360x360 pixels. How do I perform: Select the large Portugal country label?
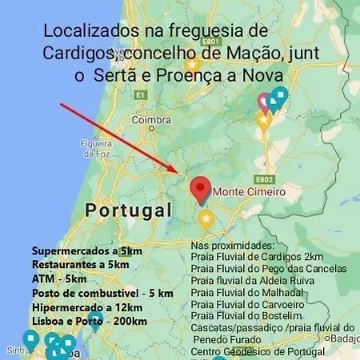pos(128,211)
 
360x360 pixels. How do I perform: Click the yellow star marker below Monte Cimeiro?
pos(206,219)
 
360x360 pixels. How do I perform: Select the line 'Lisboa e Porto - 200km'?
pos(90,322)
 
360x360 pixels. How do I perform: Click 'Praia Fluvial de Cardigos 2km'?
pos(257,257)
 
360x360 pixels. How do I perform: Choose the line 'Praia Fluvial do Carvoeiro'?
pos(248,305)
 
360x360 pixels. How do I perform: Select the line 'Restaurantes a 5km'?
pos(80,265)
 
